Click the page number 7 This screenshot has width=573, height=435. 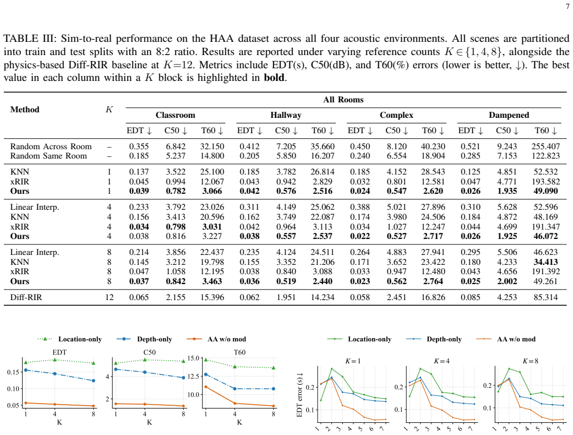coord(567,6)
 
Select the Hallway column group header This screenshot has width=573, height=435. coord(286,115)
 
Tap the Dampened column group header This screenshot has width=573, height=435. coord(509,115)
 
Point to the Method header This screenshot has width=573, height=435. coord(24,110)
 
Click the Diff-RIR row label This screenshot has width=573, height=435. coord(26,297)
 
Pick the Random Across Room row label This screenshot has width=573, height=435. coord(51,146)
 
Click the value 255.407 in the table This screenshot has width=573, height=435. coord(545,146)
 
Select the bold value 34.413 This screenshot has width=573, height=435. coord(545,262)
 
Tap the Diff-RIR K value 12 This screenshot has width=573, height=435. coord(110,297)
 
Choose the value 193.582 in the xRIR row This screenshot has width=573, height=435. coord(545,181)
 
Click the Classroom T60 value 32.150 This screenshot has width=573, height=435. coord(212,146)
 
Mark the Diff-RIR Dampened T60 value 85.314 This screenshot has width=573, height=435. coord(545,297)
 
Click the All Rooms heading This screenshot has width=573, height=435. coord(343,100)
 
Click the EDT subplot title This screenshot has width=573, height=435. coord(59,352)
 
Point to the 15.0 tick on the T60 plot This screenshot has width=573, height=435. coord(193,358)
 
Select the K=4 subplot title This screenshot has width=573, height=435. coord(441,361)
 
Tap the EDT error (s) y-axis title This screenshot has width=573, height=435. coord(299,394)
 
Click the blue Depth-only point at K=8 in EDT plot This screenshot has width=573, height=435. coord(94,380)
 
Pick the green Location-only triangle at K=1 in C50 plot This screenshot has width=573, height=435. coord(116,363)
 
